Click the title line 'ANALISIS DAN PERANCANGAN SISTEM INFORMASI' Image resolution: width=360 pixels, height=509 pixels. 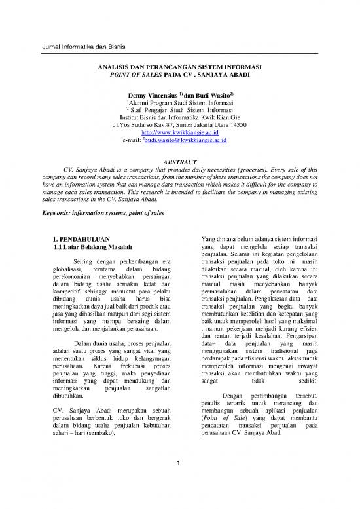tap(179, 67)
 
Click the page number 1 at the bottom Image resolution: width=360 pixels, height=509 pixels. tap(179, 465)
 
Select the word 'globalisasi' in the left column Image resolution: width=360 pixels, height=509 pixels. tap(69, 268)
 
